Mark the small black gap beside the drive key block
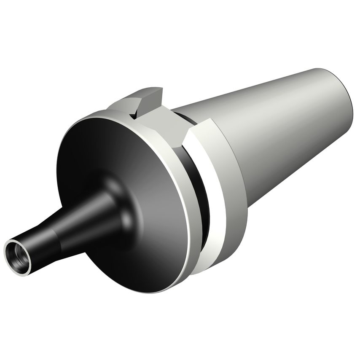point(134,113)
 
